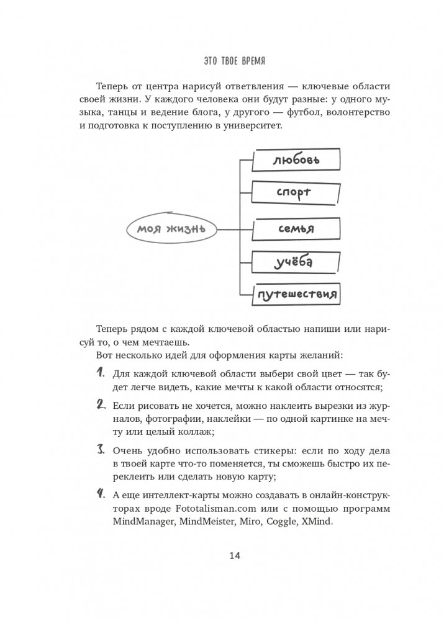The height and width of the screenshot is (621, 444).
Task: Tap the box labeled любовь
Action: click(x=296, y=161)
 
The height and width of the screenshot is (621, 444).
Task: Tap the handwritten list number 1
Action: click(x=100, y=373)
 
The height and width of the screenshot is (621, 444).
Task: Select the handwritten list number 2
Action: click(x=100, y=404)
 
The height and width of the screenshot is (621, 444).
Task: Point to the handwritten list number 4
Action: click(x=100, y=494)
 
